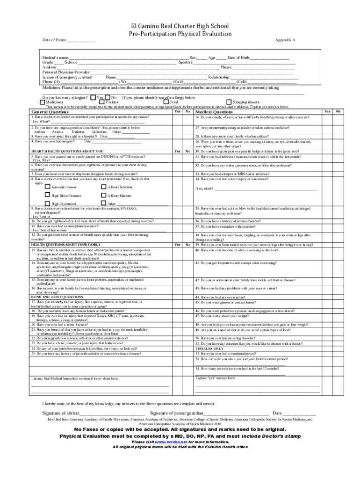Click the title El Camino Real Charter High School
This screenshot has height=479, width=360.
pos(180,26)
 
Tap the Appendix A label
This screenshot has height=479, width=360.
pos(285,41)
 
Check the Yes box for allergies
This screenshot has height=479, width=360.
pos(93,97)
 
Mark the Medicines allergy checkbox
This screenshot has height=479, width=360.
pos(42,102)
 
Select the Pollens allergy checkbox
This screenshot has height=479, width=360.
pos(103,102)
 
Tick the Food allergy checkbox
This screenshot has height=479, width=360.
pos(166,102)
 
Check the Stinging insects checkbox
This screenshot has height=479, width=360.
pos(229,102)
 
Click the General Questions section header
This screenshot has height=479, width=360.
pos(50,112)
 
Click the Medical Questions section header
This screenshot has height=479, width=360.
pos(214,112)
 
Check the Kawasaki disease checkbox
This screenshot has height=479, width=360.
pos(47,187)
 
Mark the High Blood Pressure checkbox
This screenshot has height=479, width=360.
pos(47,195)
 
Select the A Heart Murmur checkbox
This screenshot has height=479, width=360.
pos(103,195)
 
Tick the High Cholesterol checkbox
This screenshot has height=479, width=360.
pos(47,203)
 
